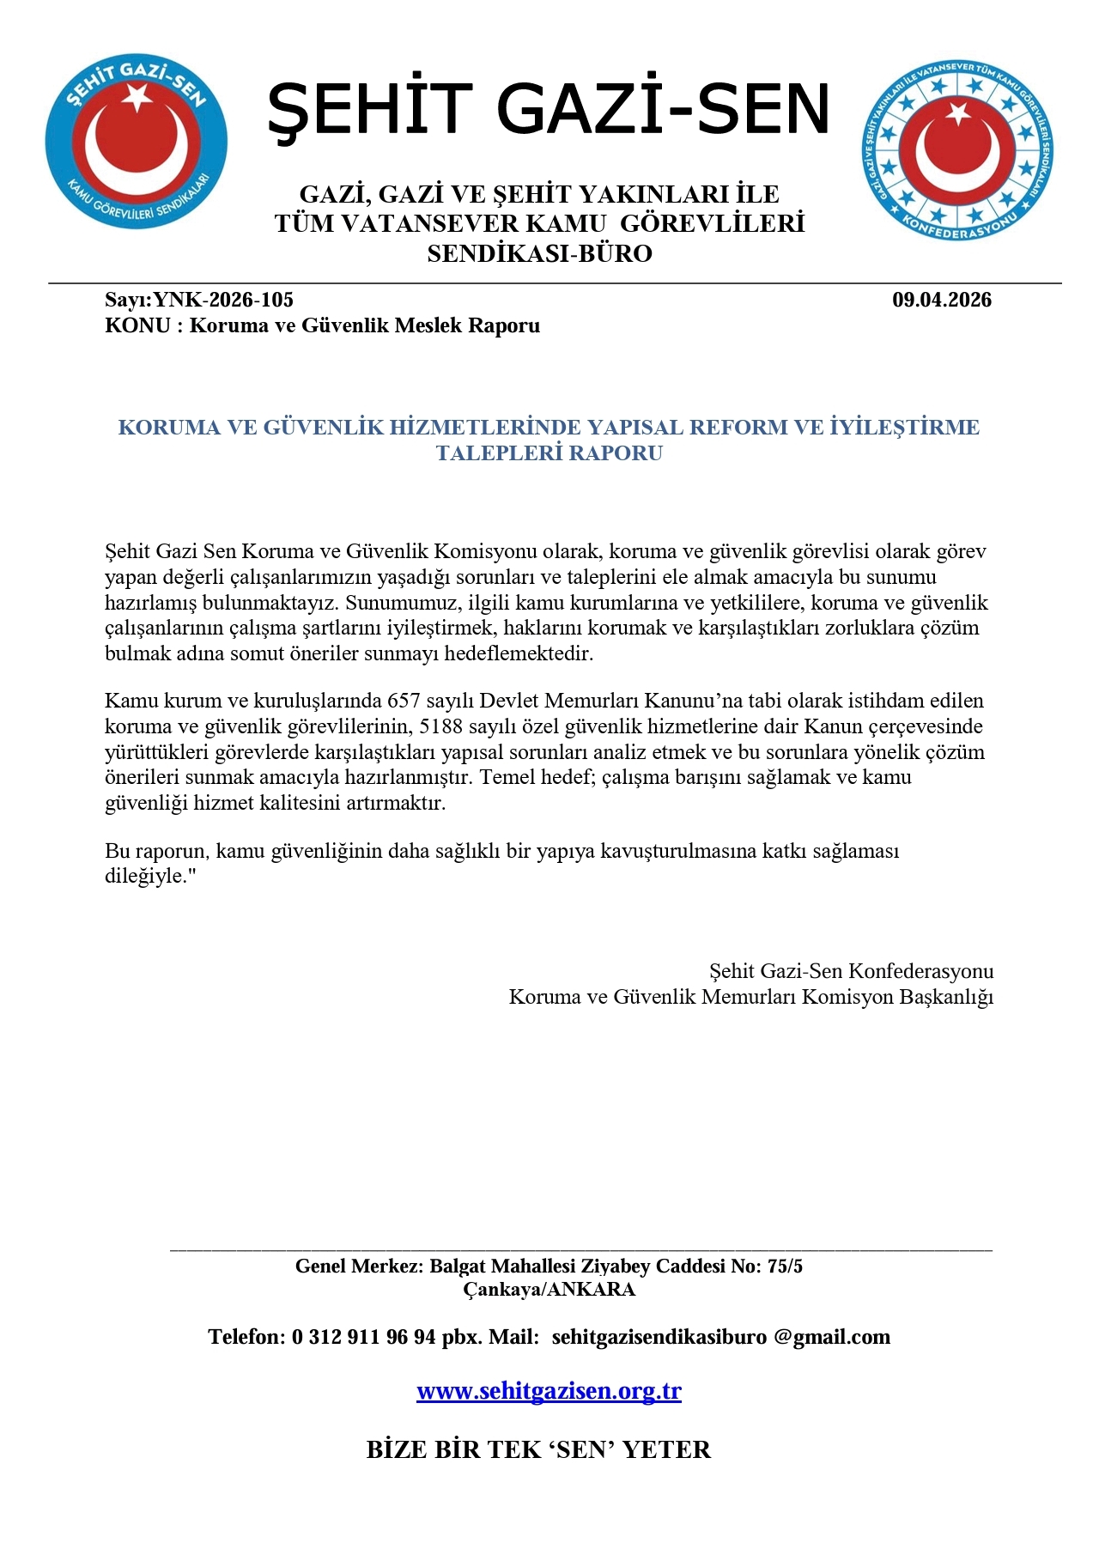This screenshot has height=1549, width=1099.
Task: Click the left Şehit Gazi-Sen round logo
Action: tap(136, 143)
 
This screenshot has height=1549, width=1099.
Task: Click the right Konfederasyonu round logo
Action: tap(958, 150)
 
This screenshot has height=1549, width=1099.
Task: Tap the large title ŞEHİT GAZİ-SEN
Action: tap(549, 110)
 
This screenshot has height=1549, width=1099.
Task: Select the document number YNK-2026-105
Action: tap(223, 300)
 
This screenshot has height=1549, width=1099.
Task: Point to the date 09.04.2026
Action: tap(941, 300)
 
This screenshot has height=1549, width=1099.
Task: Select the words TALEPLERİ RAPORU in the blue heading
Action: tap(549, 453)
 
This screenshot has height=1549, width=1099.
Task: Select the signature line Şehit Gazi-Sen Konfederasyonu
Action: tap(851, 971)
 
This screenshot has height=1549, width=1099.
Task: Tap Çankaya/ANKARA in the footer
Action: tap(549, 1289)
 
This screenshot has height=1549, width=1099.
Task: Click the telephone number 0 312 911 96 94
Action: tap(364, 1337)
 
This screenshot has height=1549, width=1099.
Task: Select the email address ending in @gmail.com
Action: tap(720, 1337)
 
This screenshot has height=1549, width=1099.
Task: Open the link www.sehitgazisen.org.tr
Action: tap(549, 1391)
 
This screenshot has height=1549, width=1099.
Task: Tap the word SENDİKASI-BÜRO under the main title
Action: tap(539, 254)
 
